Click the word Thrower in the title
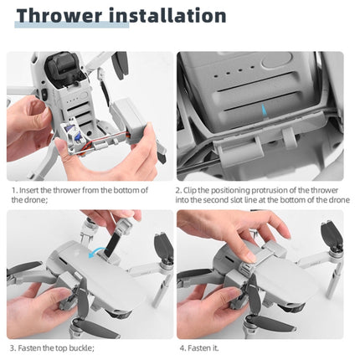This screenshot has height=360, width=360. coord(57,16)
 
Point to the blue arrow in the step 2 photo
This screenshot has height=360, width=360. coord(265,111)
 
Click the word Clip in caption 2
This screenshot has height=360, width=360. coord(202,190)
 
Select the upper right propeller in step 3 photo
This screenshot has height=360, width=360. coord(161,249)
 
